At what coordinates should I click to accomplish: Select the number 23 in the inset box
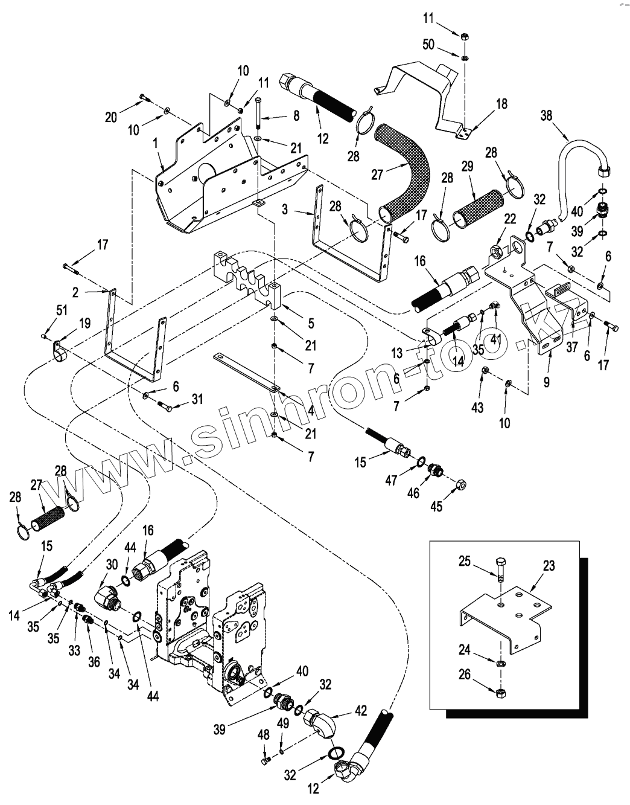click(x=549, y=566)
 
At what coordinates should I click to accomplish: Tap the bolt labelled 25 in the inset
click(x=500, y=569)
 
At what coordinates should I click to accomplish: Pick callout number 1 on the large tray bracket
click(x=155, y=145)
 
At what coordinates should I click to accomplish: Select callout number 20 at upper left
click(x=111, y=118)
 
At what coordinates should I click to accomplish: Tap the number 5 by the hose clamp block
click(x=311, y=324)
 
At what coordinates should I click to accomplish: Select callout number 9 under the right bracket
click(x=547, y=382)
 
